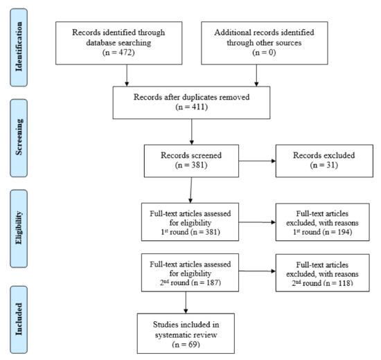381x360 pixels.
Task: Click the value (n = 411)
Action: (191, 108)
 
